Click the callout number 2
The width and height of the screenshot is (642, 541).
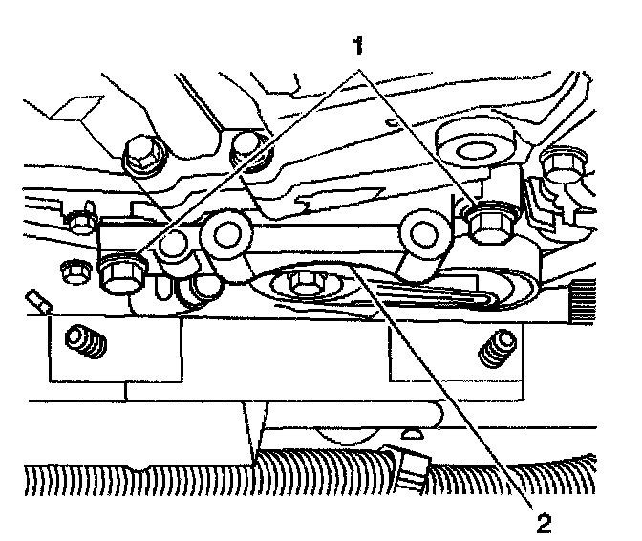coord(542,522)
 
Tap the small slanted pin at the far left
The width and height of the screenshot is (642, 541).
coord(38,299)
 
